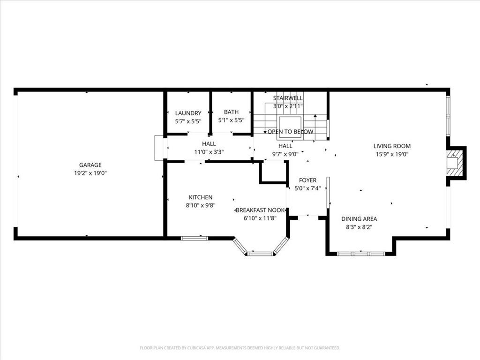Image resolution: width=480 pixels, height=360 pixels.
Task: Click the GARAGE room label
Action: tap(90, 165)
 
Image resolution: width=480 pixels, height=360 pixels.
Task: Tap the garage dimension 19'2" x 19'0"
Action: tap(90, 173)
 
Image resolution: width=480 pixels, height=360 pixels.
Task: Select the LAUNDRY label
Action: tap(188, 113)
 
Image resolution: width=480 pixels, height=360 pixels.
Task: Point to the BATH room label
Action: tap(231, 112)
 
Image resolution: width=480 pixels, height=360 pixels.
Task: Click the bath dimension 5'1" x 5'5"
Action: tap(231, 120)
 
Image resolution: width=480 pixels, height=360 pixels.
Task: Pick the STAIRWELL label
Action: tap(288, 98)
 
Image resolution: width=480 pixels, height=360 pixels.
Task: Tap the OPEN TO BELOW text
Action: tap(290, 132)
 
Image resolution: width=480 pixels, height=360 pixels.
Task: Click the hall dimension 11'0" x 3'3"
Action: tap(209, 152)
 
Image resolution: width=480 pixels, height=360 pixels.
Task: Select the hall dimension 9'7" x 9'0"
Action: tap(285, 154)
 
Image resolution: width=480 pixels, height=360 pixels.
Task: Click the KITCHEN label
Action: tap(201, 197)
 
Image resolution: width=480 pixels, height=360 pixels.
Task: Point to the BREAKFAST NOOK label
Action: tap(260, 210)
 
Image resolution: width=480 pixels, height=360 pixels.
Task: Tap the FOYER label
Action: tap(307, 180)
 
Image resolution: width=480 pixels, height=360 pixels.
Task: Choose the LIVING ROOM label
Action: tap(392, 146)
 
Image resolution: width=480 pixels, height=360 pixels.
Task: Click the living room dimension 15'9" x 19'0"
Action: tap(392, 154)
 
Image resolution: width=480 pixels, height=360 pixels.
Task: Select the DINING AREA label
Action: tap(359, 219)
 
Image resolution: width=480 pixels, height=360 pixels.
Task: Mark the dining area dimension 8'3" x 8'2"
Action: tap(359, 227)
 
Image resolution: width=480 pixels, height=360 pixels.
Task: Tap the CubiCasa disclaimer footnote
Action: tap(240, 348)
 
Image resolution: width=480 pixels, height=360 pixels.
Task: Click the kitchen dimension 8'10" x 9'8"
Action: tap(201, 205)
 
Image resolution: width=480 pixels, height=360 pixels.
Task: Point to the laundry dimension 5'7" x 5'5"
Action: tap(188, 121)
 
